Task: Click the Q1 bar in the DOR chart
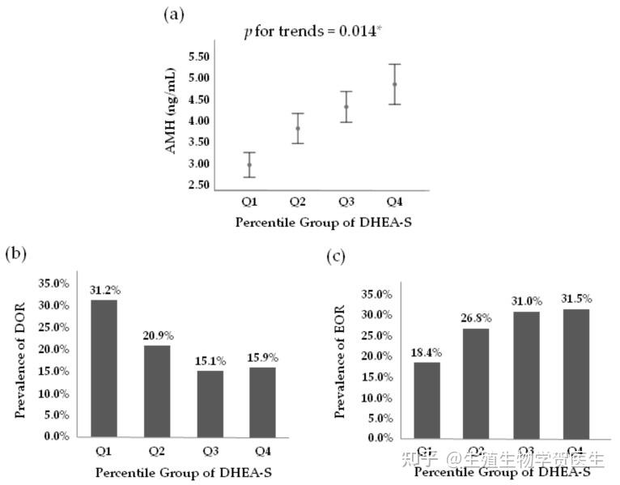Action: click(x=104, y=368)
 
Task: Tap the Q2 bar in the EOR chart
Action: click(x=477, y=383)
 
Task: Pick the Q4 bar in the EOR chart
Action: click(x=575, y=373)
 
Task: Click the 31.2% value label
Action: click(x=104, y=290)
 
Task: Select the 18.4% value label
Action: click(x=427, y=352)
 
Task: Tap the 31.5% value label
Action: click(x=575, y=299)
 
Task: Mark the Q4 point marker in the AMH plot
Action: click(x=395, y=84)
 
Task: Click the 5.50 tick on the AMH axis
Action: click(x=198, y=57)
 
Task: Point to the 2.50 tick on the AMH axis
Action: click(x=198, y=185)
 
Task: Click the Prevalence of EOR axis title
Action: click(x=340, y=361)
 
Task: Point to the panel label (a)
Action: click(x=173, y=14)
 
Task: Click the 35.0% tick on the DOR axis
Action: click(x=54, y=283)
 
